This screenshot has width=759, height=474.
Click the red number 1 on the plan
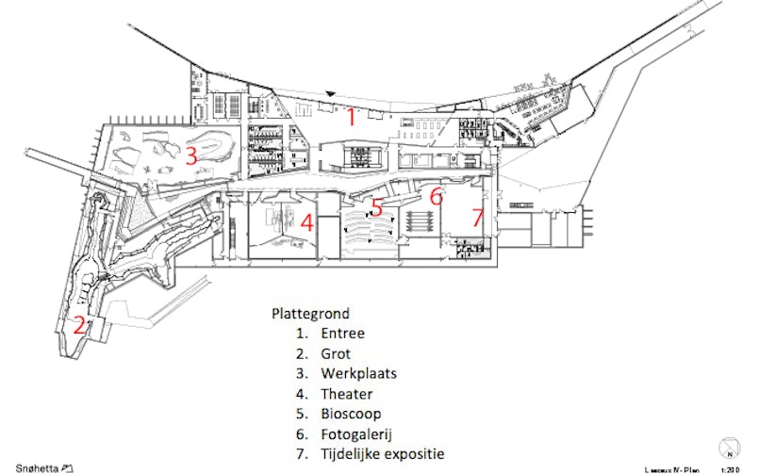click(x=350, y=118)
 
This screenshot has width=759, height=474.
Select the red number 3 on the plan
click(x=190, y=155)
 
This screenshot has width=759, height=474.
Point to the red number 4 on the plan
click(x=305, y=223)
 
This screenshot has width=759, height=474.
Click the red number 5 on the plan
click(x=375, y=207)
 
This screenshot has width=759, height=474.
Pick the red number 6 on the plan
click(x=436, y=197)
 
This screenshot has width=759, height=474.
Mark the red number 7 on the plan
click(x=477, y=218)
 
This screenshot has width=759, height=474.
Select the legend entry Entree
click(x=341, y=334)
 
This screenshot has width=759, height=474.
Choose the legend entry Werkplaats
click(x=357, y=373)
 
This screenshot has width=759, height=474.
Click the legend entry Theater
click(x=346, y=394)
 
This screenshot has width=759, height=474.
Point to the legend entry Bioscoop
click(x=351, y=414)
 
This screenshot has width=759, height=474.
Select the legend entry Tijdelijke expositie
click(x=382, y=454)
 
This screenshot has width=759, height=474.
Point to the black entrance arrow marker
click(x=330, y=92)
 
